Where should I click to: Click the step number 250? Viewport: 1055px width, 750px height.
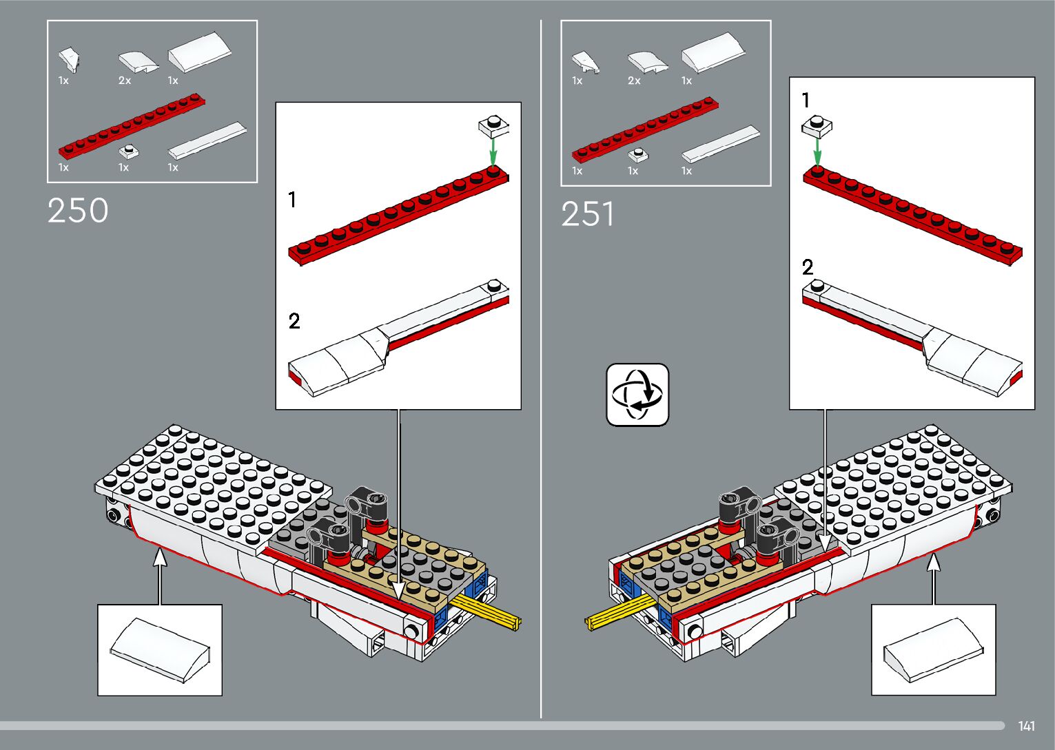tap(78, 211)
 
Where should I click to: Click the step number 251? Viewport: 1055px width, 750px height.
tap(588, 214)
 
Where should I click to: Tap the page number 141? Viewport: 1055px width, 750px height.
tap(1027, 725)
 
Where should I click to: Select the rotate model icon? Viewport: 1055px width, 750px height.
tap(637, 395)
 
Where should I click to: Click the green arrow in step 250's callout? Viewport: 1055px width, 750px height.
tap(493, 151)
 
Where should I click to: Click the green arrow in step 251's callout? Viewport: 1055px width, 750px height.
tap(817, 151)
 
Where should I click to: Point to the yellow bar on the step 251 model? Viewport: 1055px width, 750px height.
tap(620, 612)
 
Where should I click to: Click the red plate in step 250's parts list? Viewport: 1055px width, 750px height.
tap(132, 126)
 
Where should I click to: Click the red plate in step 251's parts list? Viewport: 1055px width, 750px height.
tap(645, 129)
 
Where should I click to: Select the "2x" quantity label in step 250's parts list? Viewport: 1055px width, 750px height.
tap(125, 81)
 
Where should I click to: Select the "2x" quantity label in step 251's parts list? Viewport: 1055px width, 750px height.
tap(634, 81)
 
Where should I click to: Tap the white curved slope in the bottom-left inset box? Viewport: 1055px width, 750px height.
tap(160, 649)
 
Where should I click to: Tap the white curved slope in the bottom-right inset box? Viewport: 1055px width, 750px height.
tap(933, 649)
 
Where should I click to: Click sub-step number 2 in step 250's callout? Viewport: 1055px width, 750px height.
tap(294, 321)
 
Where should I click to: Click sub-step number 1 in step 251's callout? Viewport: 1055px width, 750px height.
tap(806, 101)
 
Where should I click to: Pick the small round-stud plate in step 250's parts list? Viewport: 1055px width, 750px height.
tap(129, 152)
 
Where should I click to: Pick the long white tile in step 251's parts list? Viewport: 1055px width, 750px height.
tap(721, 144)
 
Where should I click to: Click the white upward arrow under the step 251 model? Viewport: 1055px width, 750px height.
tap(934, 579)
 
